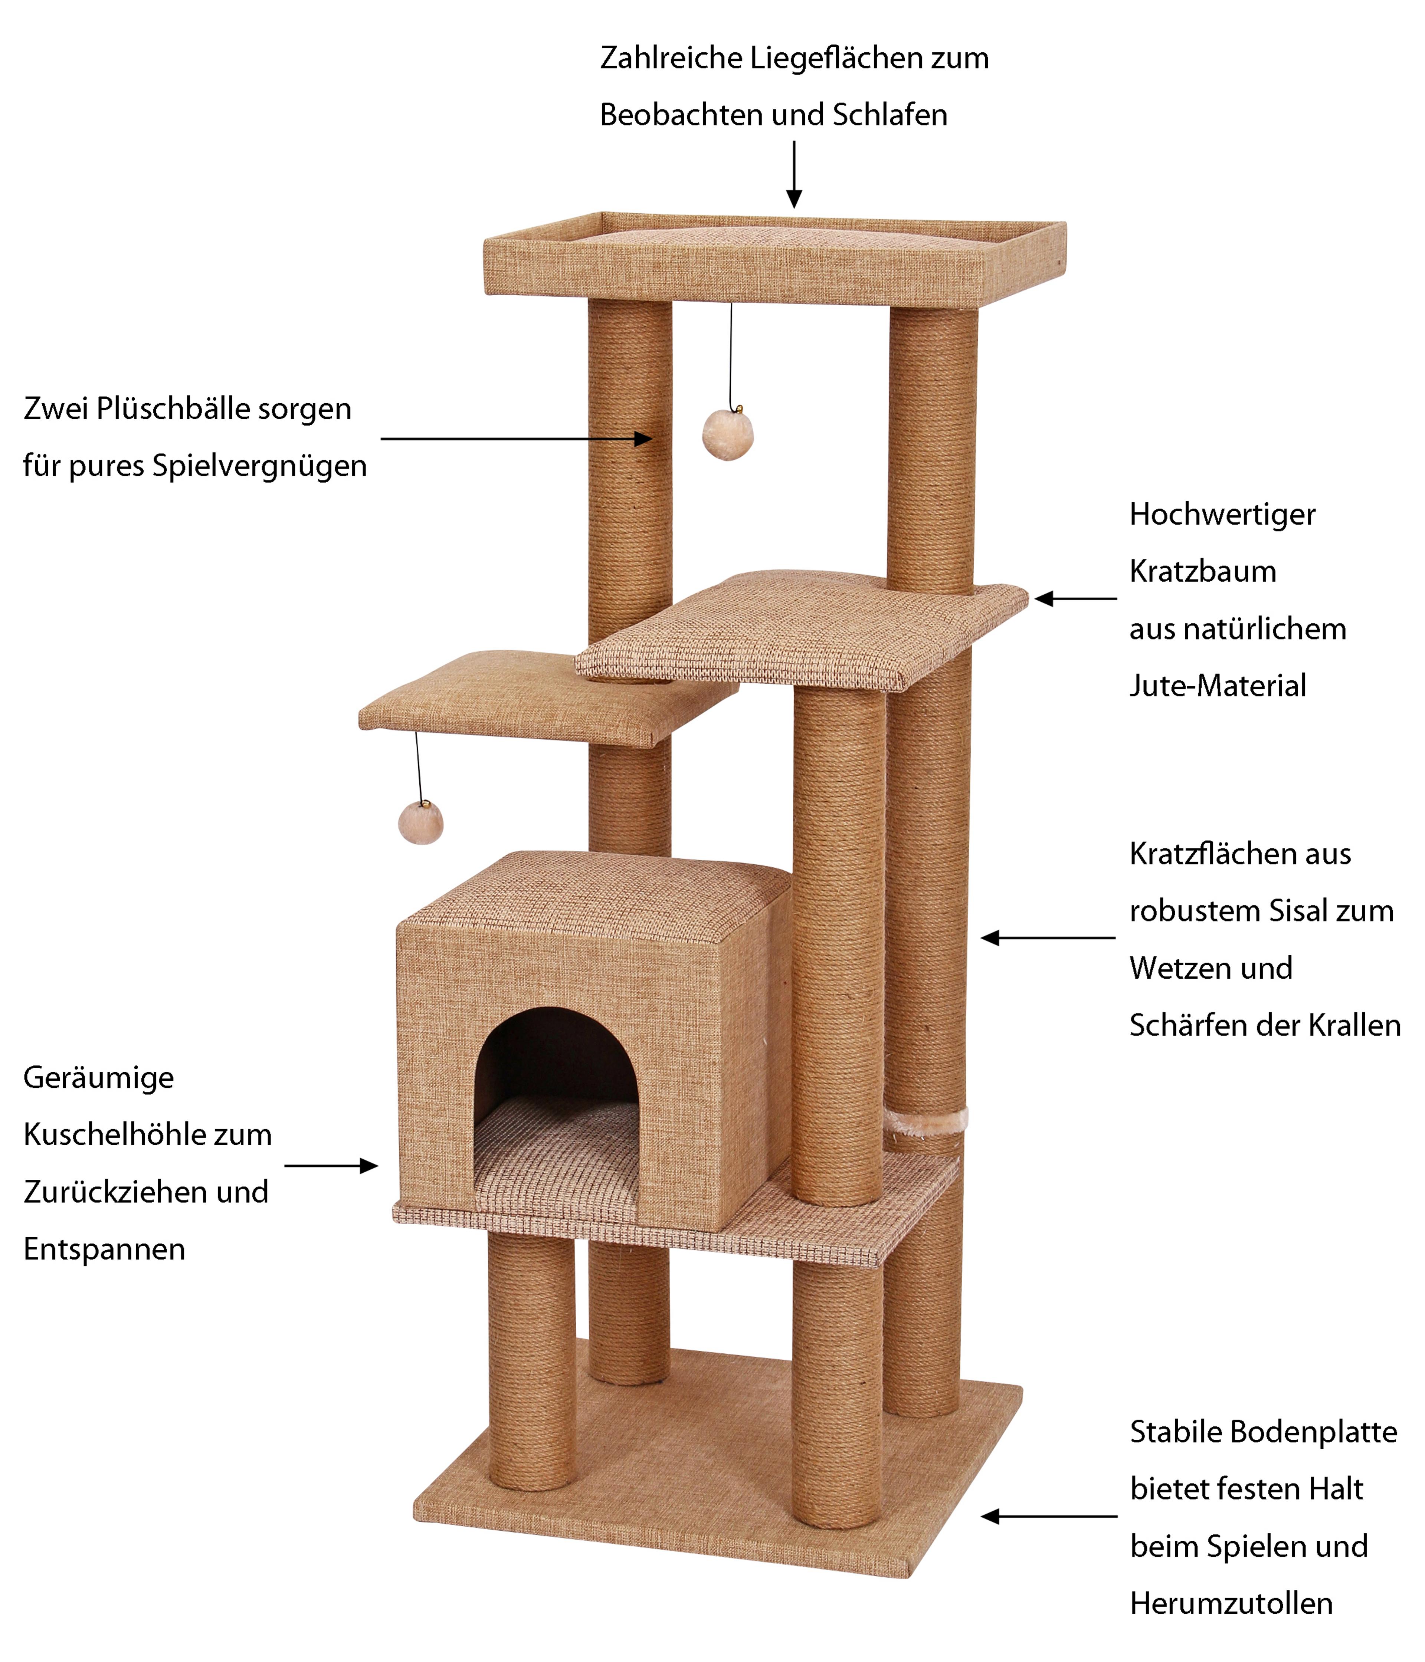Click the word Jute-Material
[x=1217, y=686]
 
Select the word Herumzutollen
[x=1231, y=1603]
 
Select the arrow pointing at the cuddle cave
[x=331, y=1166]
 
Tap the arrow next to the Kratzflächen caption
[x=1047, y=938]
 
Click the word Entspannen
[x=104, y=1249]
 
